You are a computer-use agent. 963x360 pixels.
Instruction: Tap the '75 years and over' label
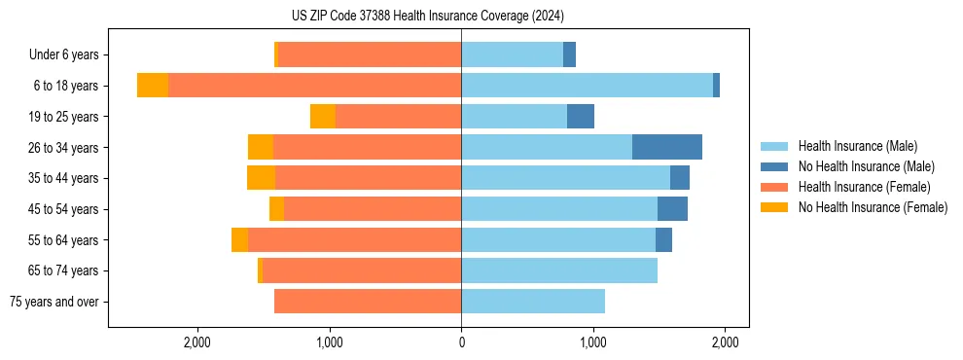pos(53,302)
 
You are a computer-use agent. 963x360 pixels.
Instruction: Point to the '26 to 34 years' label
pos(64,148)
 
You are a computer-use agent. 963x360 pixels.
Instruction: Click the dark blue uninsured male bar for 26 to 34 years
pos(667,147)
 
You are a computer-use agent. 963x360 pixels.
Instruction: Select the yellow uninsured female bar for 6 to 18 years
pos(153,86)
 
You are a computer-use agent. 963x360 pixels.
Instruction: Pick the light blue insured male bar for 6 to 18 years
pos(587,86)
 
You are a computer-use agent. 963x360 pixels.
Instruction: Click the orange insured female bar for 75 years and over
pos(368,302)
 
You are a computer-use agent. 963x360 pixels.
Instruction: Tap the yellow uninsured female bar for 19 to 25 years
pos(323,117)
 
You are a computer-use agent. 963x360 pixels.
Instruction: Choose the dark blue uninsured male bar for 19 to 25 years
pos(581,117)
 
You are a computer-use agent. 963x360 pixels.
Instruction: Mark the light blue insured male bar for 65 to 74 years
pos(559,270)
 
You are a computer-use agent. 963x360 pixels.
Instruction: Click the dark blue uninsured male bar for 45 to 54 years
pos(672,209)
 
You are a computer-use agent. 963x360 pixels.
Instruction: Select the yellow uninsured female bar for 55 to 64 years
pos(239,239)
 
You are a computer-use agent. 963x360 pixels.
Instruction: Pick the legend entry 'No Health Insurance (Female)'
pos(873,207)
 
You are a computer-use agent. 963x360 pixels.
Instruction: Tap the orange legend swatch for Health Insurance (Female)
pos(774,187)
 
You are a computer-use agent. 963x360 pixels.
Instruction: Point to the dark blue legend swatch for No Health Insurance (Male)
pos(774,166)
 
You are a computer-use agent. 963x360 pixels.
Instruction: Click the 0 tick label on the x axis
pos(461,342)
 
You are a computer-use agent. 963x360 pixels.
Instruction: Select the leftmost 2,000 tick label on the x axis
pos(197,342)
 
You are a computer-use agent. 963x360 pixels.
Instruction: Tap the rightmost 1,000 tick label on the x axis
pos(592,342)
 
